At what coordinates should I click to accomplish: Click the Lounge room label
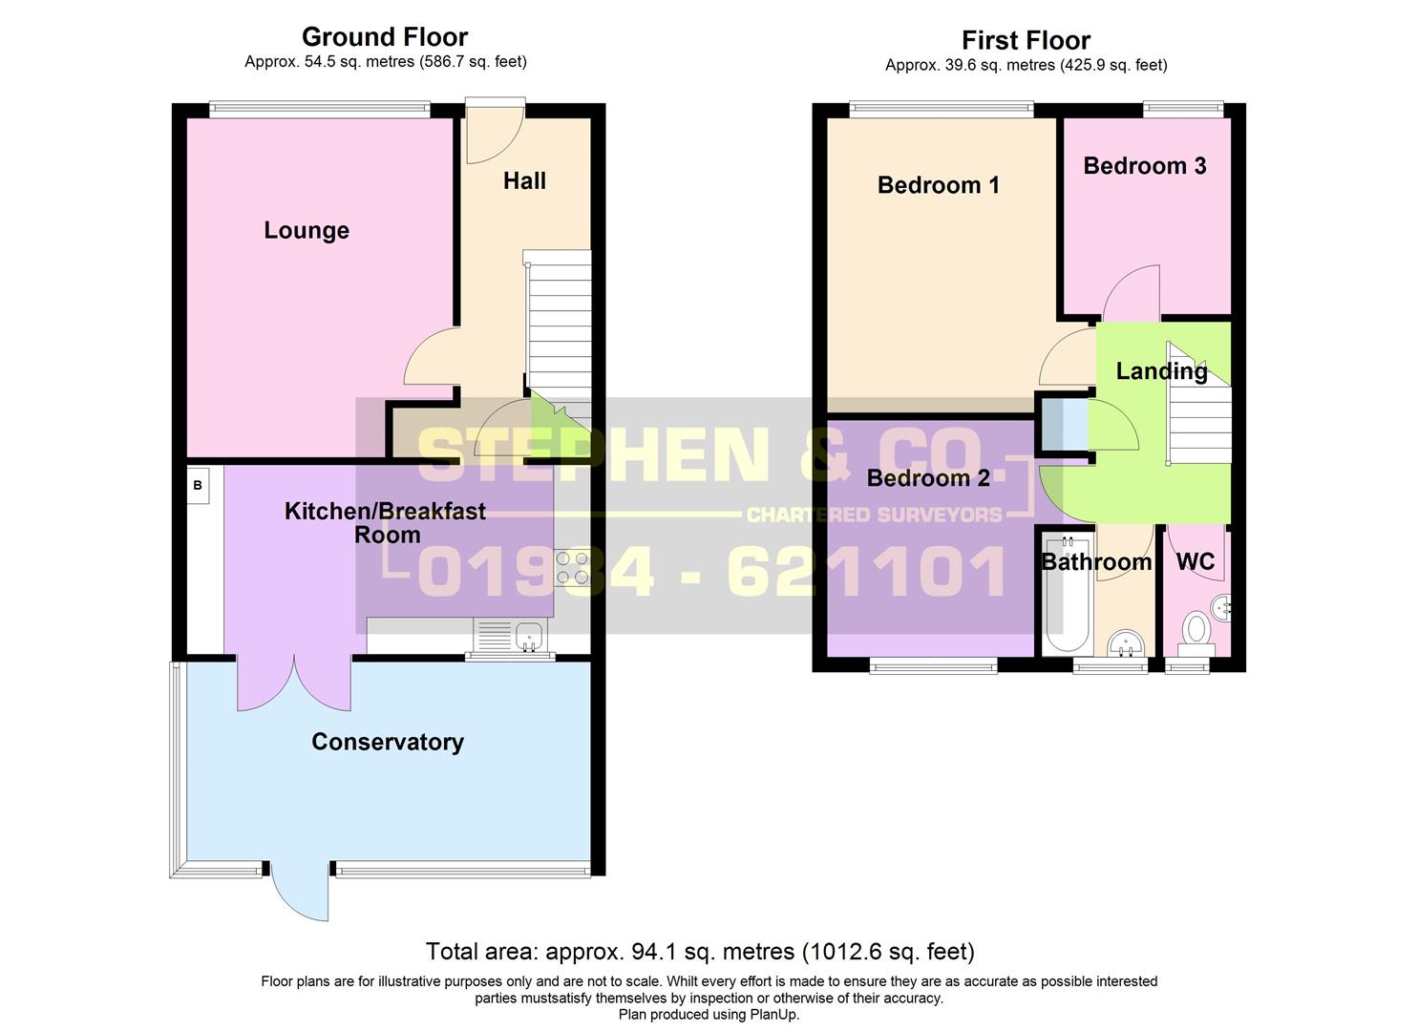click(x=307, y=230)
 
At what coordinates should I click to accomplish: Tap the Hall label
click(x=524, y=180)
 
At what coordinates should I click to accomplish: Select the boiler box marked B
click(x=198, y=485)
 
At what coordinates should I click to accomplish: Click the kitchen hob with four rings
click(x=573, y=568)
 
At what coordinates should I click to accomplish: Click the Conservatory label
click(x=388, y=742)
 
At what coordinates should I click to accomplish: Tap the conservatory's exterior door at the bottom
click(x=299, y=893)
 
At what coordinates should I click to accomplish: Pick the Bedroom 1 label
click(x=938, y=185)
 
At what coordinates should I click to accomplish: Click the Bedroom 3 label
click(x=1144, y=166)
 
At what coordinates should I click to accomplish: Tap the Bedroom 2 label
click(x=927, y=477)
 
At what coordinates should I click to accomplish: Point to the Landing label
click(x=1161, y=371)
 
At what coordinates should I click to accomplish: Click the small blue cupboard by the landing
click(x=1063, y=425)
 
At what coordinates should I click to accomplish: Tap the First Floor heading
click(x=1026, y=40)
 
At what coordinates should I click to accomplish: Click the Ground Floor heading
click(x=385, y=37)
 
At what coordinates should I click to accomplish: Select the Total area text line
click(x=700, y=952)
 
